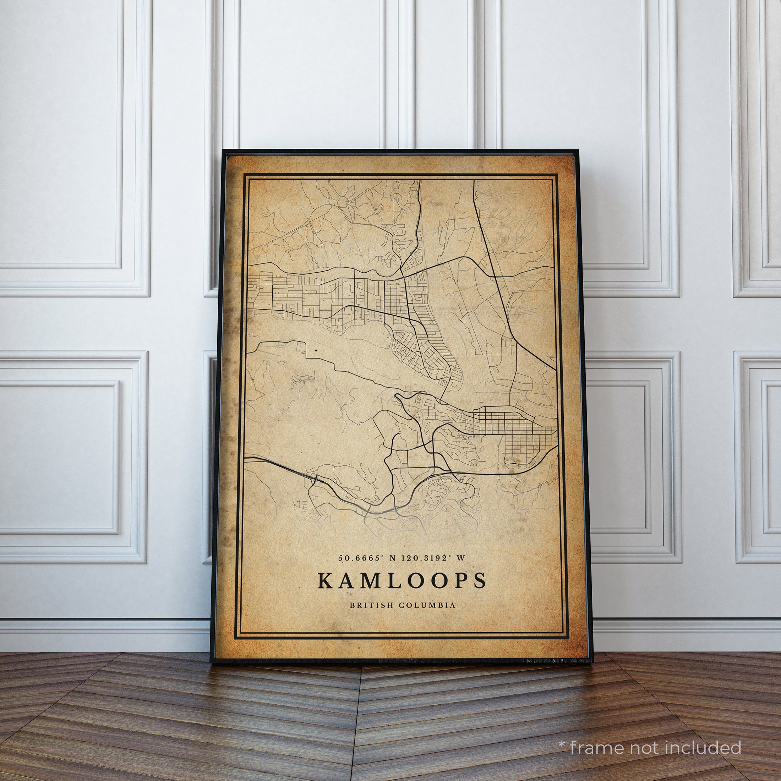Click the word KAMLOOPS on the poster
point(402,580)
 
